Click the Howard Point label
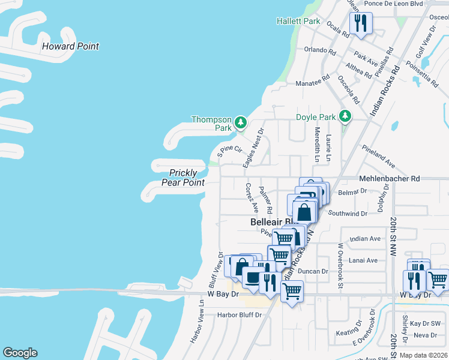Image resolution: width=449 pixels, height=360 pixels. (70, 46)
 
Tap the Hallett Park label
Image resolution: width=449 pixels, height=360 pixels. (298, 21)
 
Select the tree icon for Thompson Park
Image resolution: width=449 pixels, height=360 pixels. (241, 122)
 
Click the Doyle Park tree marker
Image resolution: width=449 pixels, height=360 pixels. (345, 115)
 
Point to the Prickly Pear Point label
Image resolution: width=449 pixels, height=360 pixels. (183, 178)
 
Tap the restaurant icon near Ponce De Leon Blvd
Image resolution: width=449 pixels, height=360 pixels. (361, 23)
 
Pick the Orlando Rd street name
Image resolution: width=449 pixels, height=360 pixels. (318, 50)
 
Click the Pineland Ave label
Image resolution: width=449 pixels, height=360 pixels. (378, 155)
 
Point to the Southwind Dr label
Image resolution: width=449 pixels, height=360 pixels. (348, 213)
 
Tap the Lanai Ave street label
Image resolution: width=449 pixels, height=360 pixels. (364, 260)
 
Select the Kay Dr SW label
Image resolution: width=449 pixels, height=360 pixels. (421, 323)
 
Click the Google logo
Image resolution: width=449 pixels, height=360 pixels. (20, 353)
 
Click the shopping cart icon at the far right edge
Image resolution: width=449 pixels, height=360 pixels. (439, 280)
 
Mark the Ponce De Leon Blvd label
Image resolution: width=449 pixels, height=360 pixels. (394, 3)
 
